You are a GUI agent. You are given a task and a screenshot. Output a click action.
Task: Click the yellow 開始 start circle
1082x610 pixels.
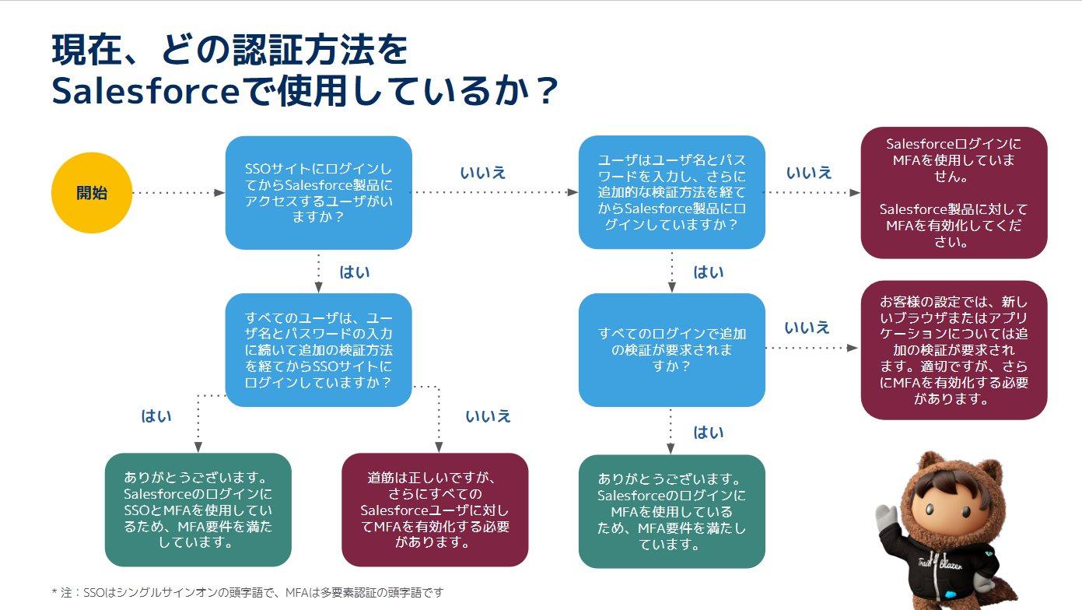point(92,193)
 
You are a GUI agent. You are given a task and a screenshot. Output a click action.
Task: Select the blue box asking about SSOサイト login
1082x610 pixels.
point(318,193)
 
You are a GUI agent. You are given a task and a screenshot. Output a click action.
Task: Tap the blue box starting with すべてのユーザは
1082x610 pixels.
point(318,350)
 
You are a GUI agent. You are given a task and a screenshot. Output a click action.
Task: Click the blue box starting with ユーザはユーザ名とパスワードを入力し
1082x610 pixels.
point(671,192)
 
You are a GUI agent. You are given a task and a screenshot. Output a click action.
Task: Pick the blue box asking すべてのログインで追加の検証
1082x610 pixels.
point(671,349)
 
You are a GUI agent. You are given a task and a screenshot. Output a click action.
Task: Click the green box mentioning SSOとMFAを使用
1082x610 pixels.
point(198,510)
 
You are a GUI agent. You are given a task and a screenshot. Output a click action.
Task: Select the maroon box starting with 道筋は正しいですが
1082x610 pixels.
point(435,510)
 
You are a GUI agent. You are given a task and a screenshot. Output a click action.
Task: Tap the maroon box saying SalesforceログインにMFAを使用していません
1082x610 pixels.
point(954,193)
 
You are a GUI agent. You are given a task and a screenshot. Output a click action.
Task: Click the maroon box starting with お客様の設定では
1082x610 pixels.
point(954,350)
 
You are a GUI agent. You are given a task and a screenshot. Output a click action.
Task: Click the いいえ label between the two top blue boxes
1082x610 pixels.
point(483,173)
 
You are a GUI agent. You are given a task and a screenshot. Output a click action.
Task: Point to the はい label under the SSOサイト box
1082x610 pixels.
point(355,272)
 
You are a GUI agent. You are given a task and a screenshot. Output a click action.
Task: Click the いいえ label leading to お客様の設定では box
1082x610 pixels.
point(807,328)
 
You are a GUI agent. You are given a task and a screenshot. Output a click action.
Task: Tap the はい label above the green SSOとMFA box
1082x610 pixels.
point(156,415)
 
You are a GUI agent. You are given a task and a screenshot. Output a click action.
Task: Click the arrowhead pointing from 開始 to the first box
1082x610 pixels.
point(220,192)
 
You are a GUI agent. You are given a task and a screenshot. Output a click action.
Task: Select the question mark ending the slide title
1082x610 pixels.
point(548,91)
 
